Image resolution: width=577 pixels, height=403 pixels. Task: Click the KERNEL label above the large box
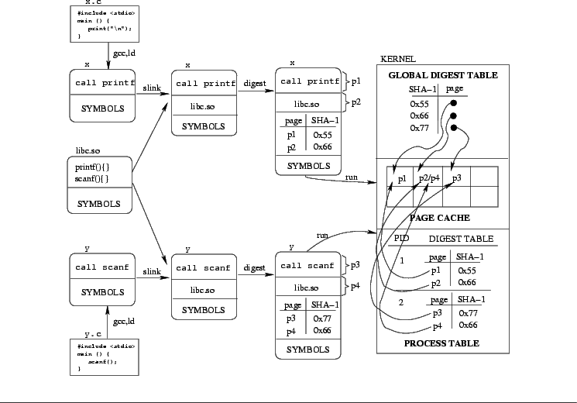click(x=398, y=59)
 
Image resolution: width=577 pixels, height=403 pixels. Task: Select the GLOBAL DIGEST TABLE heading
click(x=442, y=75)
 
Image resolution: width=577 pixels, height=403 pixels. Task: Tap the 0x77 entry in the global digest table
click(x=419, y=128)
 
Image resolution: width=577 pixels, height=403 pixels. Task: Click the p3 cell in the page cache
click(x=456, y=179)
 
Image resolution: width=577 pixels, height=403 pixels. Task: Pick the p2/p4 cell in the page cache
click(x=428, y=179)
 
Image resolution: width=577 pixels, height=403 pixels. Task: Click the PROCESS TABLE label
click(x=441, y=343)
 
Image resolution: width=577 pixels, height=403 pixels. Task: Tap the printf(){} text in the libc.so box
click(x=92, y=167)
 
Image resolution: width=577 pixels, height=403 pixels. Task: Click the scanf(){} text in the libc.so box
click(x=91, y=179)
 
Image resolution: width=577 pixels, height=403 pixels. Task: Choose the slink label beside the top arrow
click(x=152, y=88)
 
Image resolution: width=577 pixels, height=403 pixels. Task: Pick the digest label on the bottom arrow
click(x=254, y=268)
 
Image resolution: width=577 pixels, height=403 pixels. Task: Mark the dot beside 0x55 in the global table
click(x=454, y=104)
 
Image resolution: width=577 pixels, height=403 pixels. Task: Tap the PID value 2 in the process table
click(x=401, y=301)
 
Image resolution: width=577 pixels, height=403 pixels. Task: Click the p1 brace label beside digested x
click(x=356, y=81)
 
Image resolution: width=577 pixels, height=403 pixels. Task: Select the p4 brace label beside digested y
click(x=355, y=287)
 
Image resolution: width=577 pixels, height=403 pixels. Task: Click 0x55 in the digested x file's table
click(x=322, y=134)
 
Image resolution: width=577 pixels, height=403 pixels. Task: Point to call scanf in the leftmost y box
click(x=102, y=267)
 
